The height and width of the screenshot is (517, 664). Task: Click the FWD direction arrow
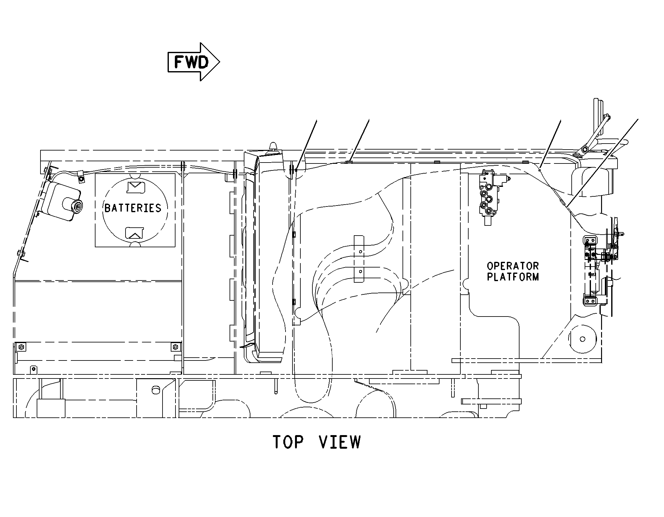[x=194, y=62]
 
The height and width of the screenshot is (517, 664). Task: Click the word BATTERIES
[x=133, y=208]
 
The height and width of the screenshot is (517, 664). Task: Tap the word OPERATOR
[x=513, y=266]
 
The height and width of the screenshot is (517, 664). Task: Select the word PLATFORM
[x=513, y=277]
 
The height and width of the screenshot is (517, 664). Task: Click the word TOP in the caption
[x=288, y=442]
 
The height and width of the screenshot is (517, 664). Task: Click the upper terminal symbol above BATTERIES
[x=135, y=188]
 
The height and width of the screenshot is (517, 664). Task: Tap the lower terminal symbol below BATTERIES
[x=134, y=233]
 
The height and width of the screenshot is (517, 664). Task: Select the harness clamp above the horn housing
[x=81, y=176]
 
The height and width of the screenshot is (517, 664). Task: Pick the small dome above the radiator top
[x=273, y=147]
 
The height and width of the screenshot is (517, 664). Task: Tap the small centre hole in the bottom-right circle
[x=582, y=339]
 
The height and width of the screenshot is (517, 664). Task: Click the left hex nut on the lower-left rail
[x=21, y=347]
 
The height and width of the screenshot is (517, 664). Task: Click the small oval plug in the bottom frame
[x=155, y=390]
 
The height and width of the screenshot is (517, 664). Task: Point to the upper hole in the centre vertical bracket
[x=360, y=252]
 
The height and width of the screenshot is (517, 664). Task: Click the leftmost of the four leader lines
[x=306, y=145]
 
